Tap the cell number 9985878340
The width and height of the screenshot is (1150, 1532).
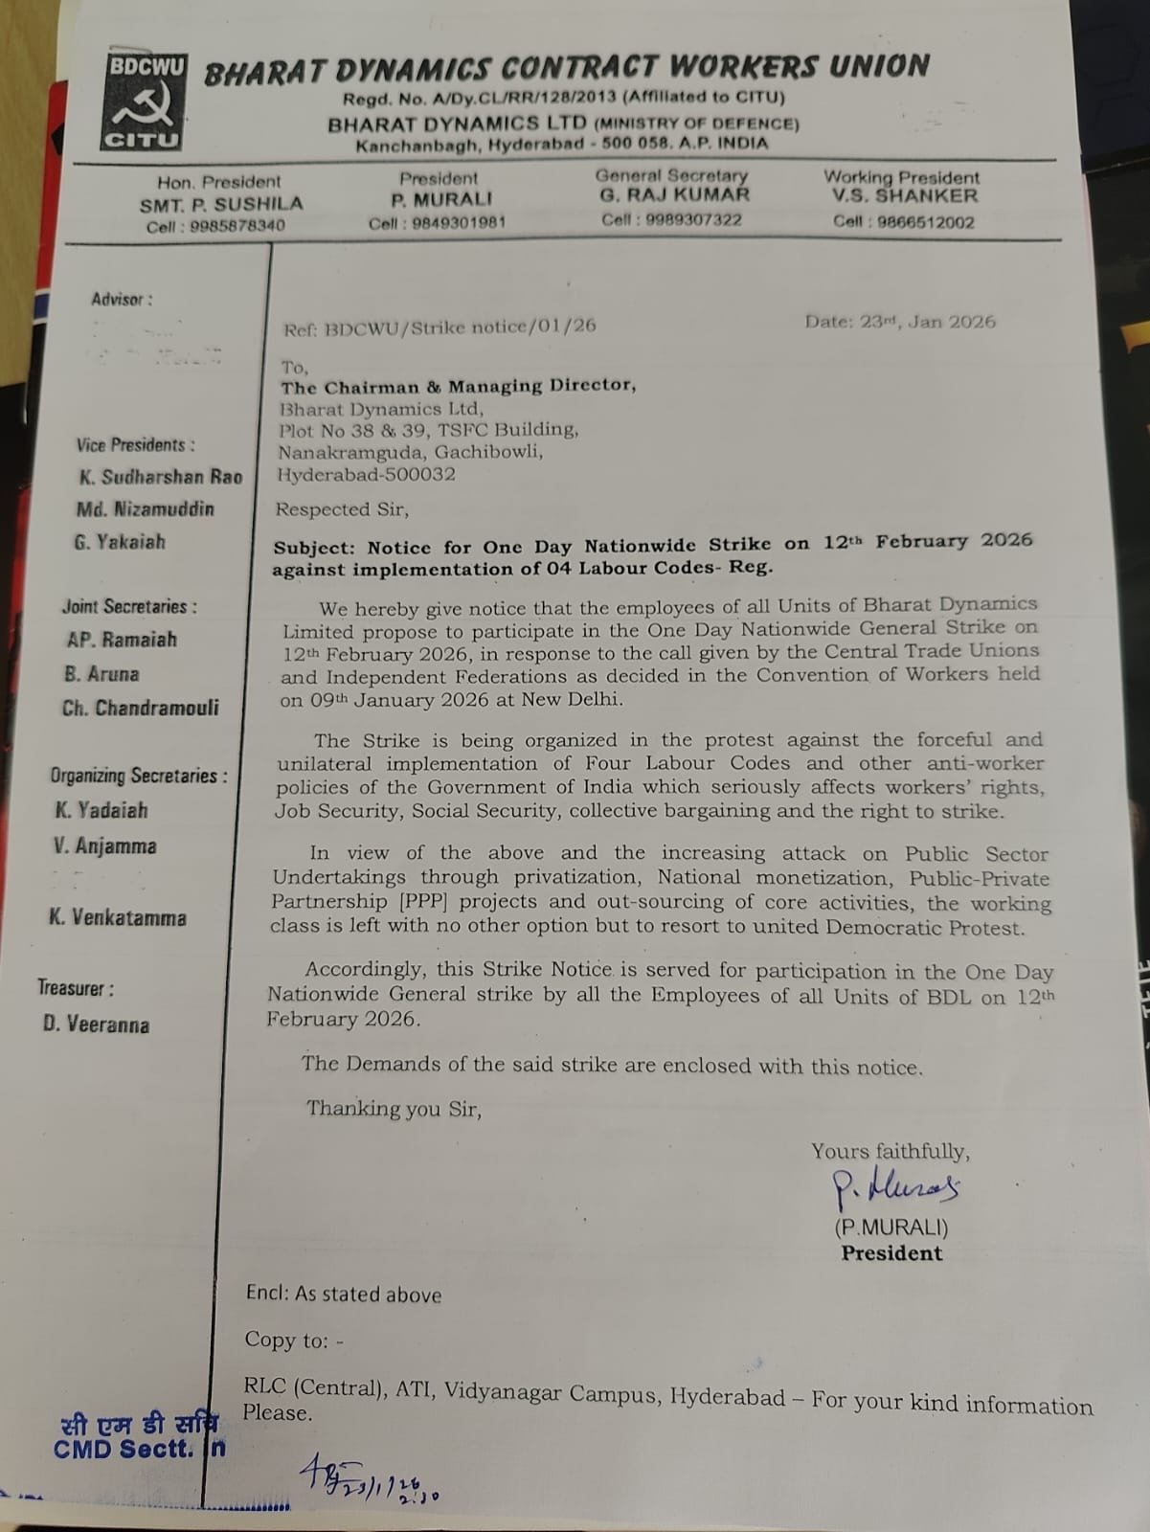tap(215, 227)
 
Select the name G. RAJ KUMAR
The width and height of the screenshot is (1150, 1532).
tap(674, 195)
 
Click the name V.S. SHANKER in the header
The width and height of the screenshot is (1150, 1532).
tap(904, 196)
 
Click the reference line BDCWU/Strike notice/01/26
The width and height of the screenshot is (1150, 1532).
tap(440, 327)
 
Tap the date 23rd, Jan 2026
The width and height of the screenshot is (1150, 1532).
tap(899, 322)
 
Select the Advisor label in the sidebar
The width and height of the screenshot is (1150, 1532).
tap(122, 300)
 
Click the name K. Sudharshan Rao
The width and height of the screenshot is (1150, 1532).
tap(160, 477)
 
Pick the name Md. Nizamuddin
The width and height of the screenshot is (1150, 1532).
tap(146, 509)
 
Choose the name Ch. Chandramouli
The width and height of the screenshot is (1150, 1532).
tap(140, 709)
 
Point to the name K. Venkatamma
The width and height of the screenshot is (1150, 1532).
tap(118, 918)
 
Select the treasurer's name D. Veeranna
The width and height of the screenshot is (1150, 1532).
tap(96, 1025)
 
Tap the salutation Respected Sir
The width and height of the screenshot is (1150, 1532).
tap(342, 509)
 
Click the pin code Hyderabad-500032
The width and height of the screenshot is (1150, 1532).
tap(366, 474)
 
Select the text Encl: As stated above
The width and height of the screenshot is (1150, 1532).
tap(343, 1295)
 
